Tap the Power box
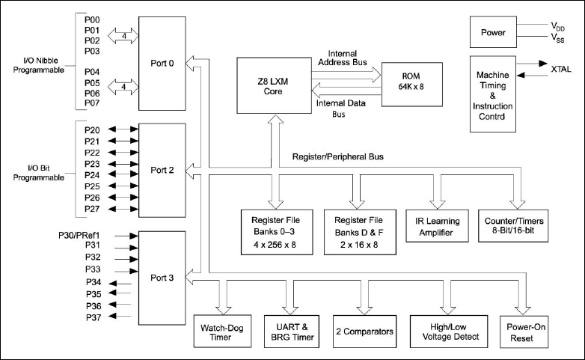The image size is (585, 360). pyautogui.click(x=493, y=32)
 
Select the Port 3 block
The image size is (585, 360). pyautogui.click(x=162, y=277)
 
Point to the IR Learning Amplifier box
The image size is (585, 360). pyautogui.click(x=438, y=227)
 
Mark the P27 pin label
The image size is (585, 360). pyautogui.click(x=94, y=209)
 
